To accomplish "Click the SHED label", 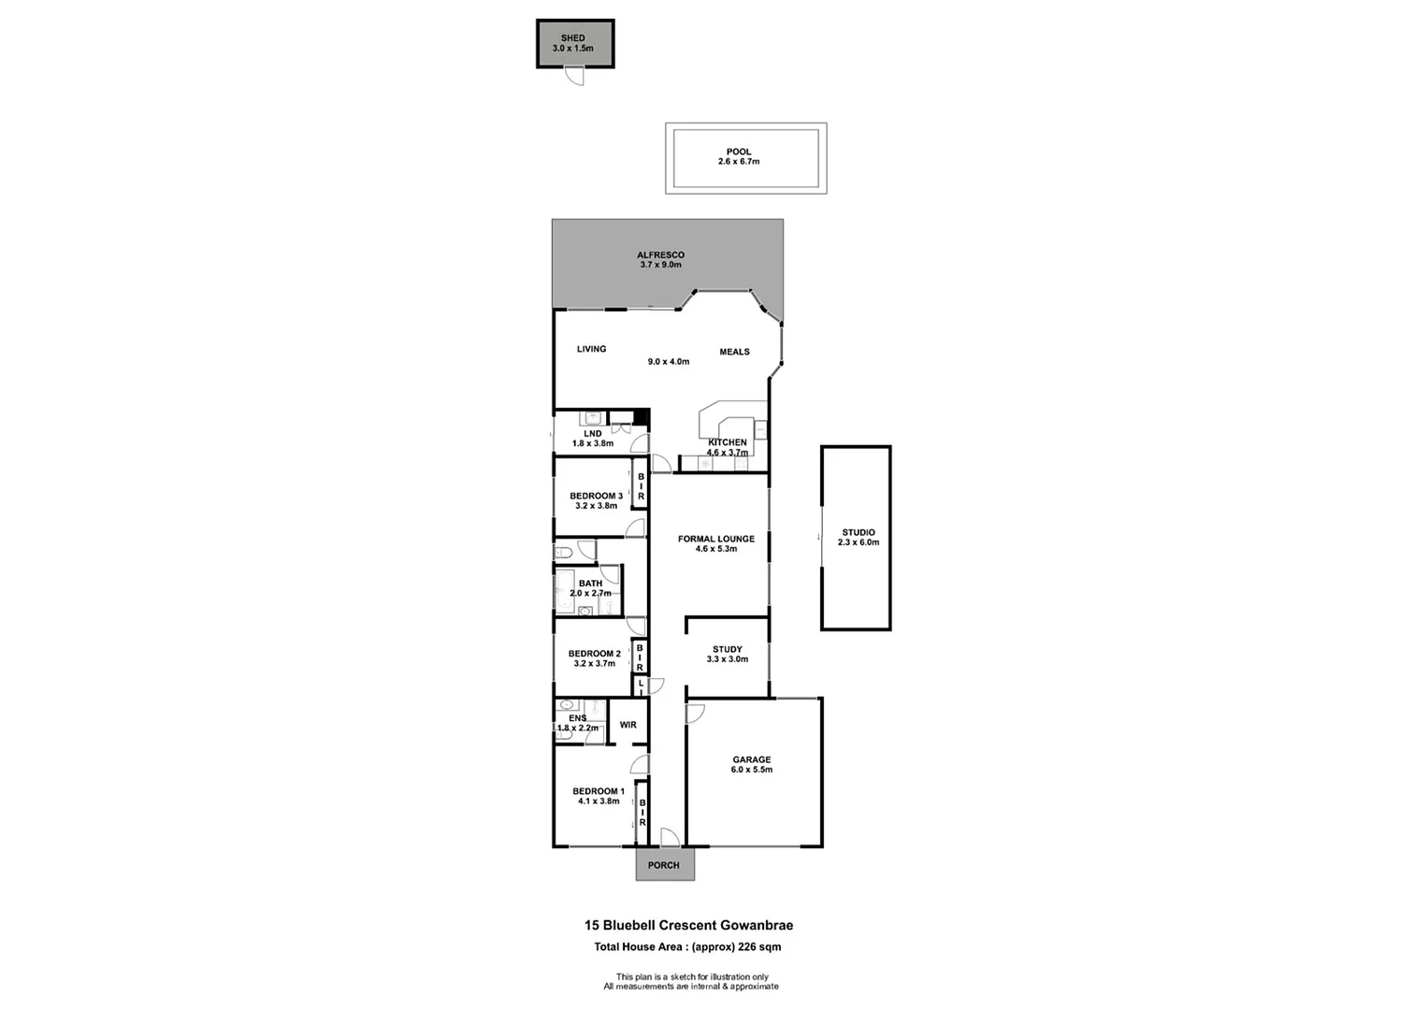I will [x=572, y=38].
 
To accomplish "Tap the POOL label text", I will [x=739, y=151].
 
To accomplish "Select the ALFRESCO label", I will [x=660, y=254].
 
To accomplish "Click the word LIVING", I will [x=591, y=349].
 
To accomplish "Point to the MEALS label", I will [x=734, y=352].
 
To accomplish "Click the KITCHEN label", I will [x=728, y=442].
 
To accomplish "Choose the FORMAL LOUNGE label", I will [x=716, y=539].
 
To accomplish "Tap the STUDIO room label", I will [x=858, y=532].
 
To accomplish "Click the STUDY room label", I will [x=728, y=649].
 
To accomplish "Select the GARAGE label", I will [x=752, y=759].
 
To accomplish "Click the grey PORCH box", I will [x=664, y=865].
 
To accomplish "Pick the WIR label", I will [x=627, y=725].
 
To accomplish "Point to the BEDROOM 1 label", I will [x=599, y=791].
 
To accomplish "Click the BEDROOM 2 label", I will [x=595, y=654].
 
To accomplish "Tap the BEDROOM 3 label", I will [x=596, y=496].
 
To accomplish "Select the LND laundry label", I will [x=593, y=434].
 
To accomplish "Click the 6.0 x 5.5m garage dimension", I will [x=752, y=770].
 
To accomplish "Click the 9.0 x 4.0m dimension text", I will [x=669, y=361].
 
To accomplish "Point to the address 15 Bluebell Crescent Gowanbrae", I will [x=688, y=926].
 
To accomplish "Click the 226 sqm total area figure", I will [x=759, y=947].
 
